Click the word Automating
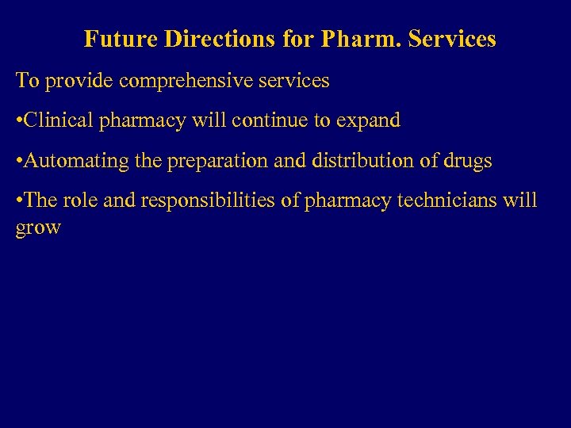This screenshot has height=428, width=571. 77,162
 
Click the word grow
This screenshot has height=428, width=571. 38,228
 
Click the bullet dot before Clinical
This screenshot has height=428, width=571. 20,121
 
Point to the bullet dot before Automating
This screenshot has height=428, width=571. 20,162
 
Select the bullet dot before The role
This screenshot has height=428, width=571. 20,201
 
